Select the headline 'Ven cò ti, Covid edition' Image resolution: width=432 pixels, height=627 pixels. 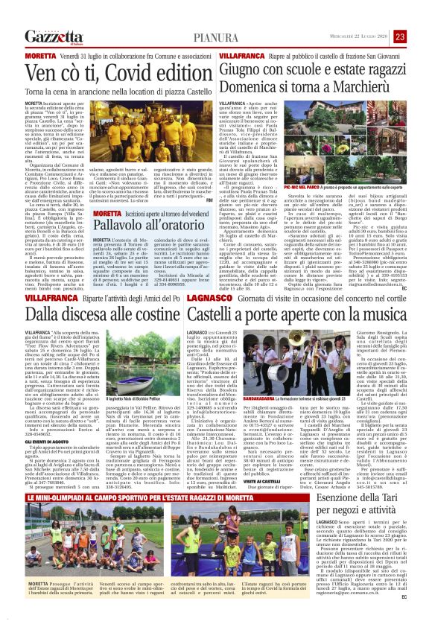pos(108,74)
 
